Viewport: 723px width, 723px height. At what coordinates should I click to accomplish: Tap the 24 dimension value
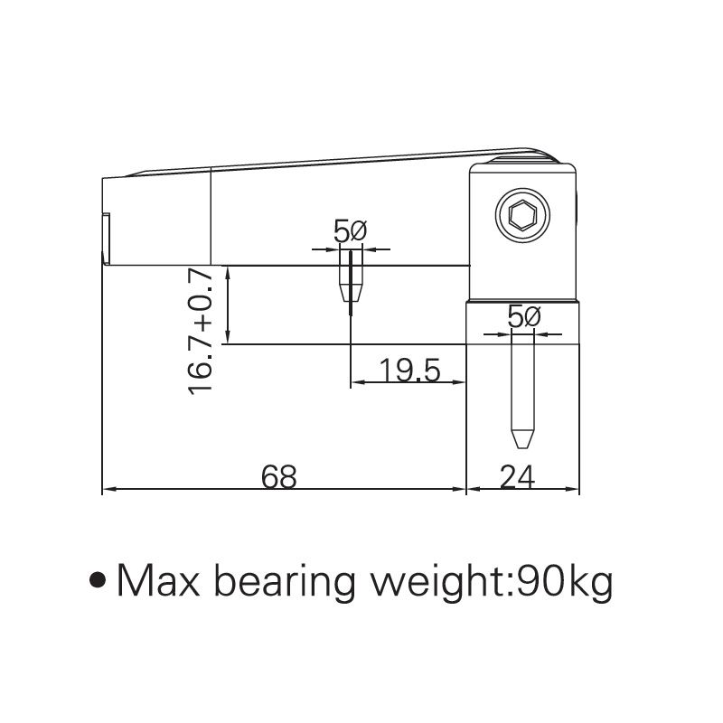[517, 475]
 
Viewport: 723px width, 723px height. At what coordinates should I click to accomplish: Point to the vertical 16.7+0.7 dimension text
[202, 330]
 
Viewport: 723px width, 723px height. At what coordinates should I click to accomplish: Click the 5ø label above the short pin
[349, 232]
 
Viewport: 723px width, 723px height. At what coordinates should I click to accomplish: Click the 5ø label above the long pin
[523, 317]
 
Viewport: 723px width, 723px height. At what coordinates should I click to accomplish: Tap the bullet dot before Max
[100, 580]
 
